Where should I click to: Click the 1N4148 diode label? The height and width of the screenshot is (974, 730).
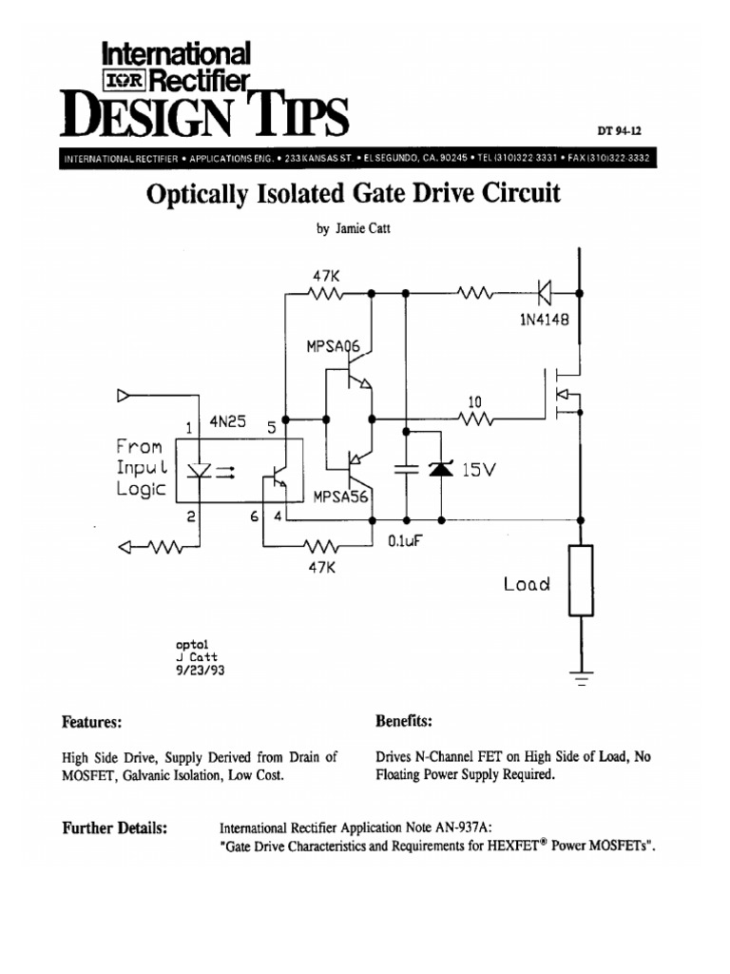(x=544, y=321)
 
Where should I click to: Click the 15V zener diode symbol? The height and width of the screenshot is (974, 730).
(x=439, y=468)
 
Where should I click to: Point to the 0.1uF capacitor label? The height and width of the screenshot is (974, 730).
(x=405, y=541)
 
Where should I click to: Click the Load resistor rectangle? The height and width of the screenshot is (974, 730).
(x=580, y=580)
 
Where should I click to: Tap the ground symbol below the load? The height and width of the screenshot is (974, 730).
(x=580, y=678)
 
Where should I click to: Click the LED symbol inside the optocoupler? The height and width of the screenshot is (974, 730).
(x=202, y=471)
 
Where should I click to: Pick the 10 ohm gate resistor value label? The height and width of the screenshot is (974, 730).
(x=474, y=401)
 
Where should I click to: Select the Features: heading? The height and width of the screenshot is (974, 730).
(x=91, y=722)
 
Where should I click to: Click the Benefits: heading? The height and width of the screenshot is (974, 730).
(x=405, y=722)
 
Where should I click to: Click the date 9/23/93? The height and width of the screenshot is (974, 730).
(x=202, y=670)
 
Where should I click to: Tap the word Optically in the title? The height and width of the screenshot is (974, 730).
(x=196, y=194)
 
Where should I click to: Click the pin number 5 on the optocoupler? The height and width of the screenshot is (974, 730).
(x=271, y=428)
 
